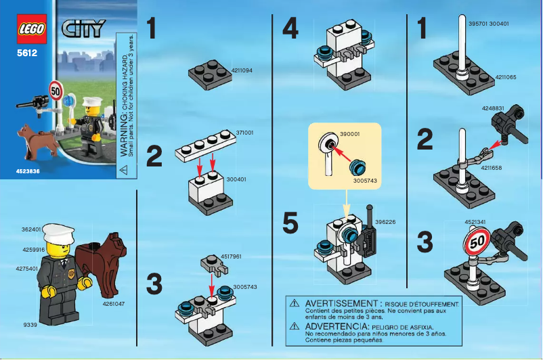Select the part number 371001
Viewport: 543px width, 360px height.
(x=244, y=133)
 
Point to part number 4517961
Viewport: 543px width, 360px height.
(x=231, y=256)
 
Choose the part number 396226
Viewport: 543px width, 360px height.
(x=385, y=221)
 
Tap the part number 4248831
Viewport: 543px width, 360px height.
(x=493, y=108)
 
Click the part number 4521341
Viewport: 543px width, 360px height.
(x=477, y=221)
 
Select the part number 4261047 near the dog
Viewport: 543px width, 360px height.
(x=115, y=304)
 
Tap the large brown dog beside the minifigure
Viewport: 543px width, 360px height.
(x=102, y=264)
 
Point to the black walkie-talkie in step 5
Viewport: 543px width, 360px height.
(x=368, y=236)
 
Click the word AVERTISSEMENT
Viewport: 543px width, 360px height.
(x=345, y=304)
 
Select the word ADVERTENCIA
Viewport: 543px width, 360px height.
(x=336, y=325)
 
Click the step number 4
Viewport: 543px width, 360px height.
(x=290, y=29)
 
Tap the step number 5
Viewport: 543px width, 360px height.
(x=290, y=224)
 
